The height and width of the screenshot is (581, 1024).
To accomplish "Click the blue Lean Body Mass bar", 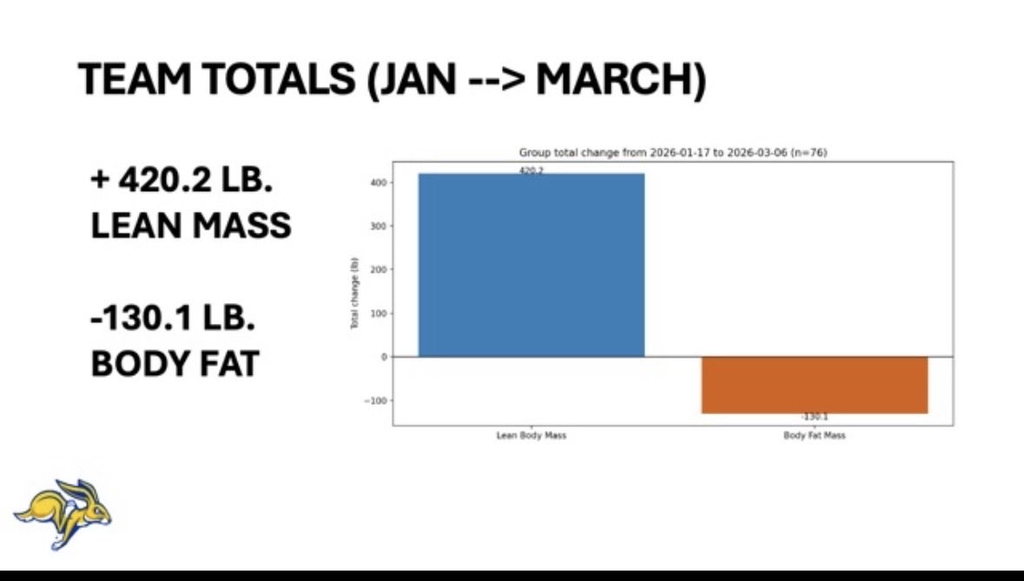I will pyautogui.click(x=532, y=265).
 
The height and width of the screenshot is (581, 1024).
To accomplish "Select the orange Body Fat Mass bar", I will pyautogui.click(x=814, y=385).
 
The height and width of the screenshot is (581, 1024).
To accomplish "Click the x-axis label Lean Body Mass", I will pyautogui.click(x=531, y=436).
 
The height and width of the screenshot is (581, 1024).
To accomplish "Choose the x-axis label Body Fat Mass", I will pyautogui.click(x=814, y=436).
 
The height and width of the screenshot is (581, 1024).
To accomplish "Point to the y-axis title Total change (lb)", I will pyautogui.click(x=353, y=292).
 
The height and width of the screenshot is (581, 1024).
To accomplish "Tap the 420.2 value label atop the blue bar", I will pyautogui.click(x=532, y=171).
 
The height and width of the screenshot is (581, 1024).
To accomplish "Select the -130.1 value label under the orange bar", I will pyautogui.click(x=814, y=417).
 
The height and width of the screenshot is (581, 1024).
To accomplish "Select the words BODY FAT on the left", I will pyautogui.click(x=175, y=364).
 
